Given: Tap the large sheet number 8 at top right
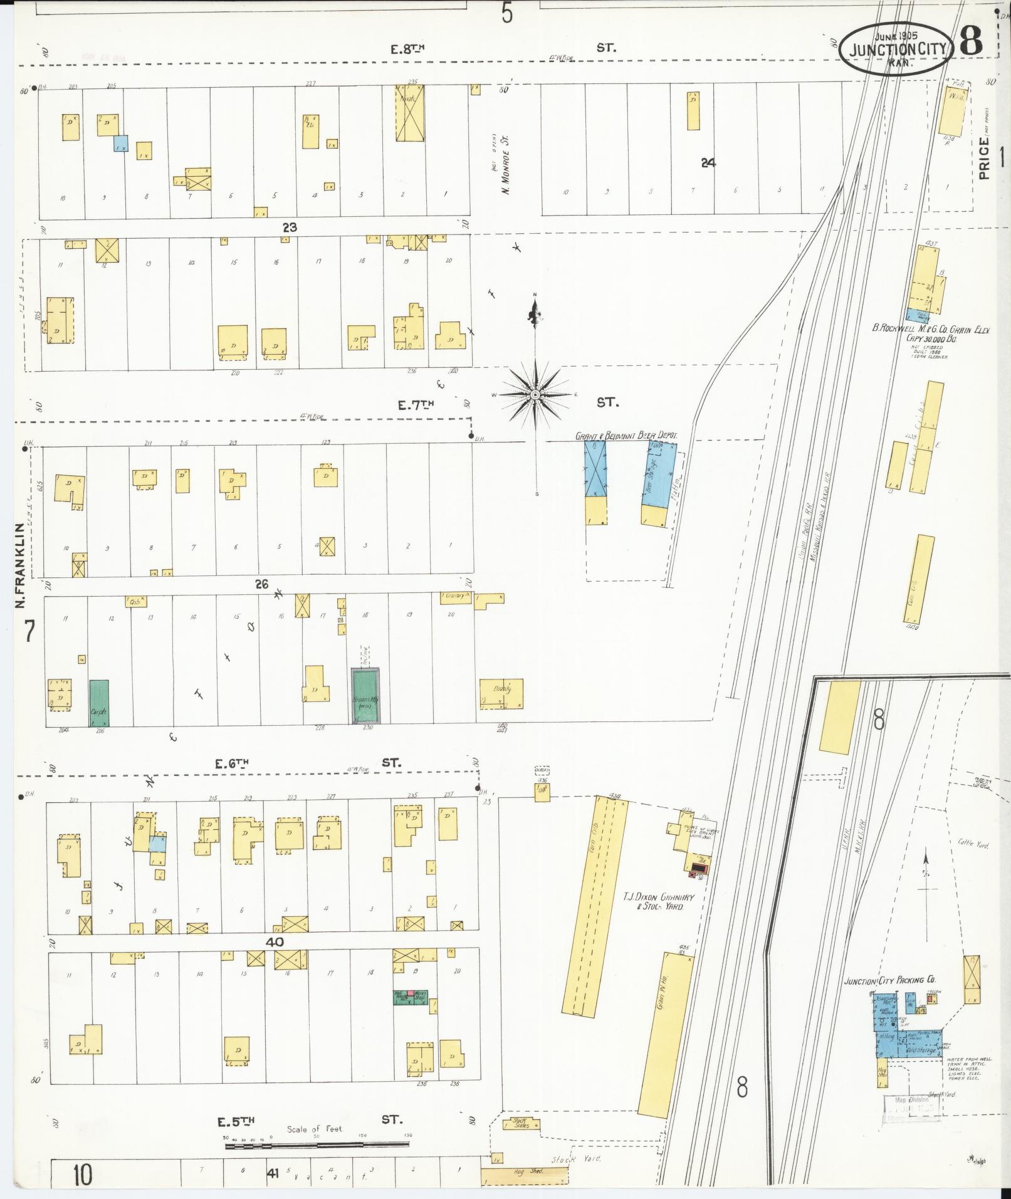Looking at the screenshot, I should pyautogui.click(x=971, y=42).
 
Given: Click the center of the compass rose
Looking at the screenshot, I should pyautogui.click(x=536, y=395).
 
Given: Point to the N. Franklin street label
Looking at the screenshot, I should pyautogui.click(x=21, y=565).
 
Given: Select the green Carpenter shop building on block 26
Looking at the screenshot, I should pyautogui.click(x=99, y=703).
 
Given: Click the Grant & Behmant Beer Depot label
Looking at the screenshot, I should pyautogui.click(x=626, y=434).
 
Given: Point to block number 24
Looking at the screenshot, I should pyautogui.click(x=708, y=162).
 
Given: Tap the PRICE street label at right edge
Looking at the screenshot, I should pyautogui.click(x=985, y=159).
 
